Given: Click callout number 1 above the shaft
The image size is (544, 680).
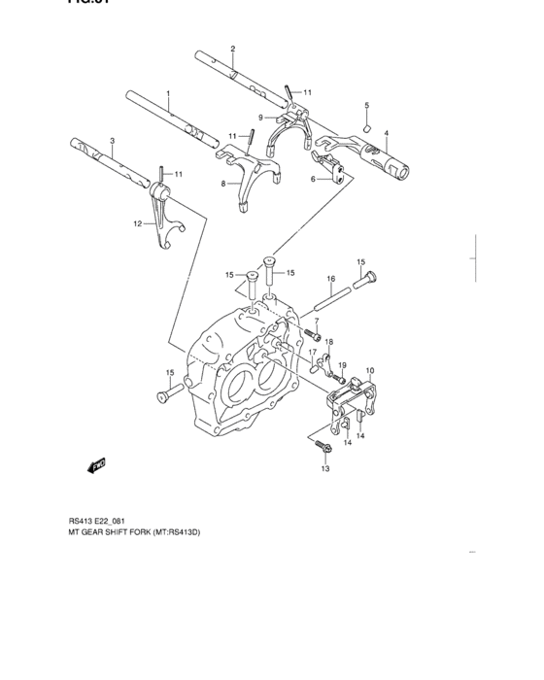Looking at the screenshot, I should pyautogui.click(x=167, y=94).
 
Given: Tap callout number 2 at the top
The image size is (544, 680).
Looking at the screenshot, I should pyautogui.click(x=232, y=49).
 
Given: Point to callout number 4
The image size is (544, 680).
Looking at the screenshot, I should pyautogui.click(x=386, y=133).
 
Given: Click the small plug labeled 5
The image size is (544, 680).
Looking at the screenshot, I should pyautogui.click(x=367, y=125).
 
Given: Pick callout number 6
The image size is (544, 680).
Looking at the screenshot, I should pyautogui.click(x=314, y=179).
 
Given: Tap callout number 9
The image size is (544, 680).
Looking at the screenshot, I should pyautogui.click(x=260, y=118).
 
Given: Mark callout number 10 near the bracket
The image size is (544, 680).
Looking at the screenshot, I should pyautogui.click(x=370, y=370).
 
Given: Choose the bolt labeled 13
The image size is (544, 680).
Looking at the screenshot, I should pyautogui.click(x=324, y=448).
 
